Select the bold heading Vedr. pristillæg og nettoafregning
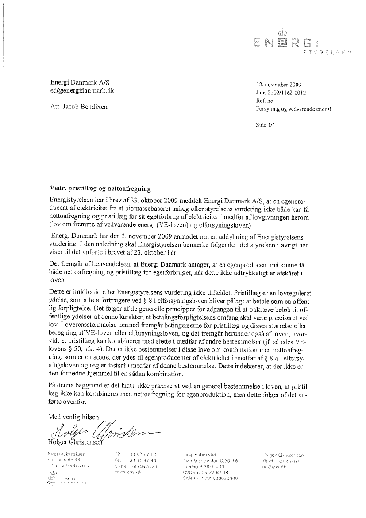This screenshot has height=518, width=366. pyautogui.click(x=101, y=188)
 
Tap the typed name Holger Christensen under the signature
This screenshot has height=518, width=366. pyautogui.click(x=75, y=441)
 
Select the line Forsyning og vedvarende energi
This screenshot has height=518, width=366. pyautogui.click(x=293, y=109)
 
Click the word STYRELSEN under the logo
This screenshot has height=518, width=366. pyautogui.click(x=327, y=53)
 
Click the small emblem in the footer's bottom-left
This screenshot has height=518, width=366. pyautogui.click(x=52, y=479)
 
